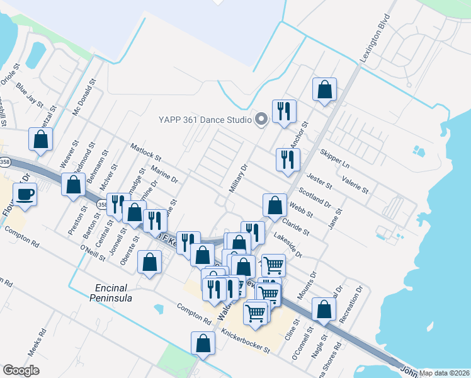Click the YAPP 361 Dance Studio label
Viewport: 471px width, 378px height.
(205, 119)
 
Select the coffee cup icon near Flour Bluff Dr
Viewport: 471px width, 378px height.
(25, 194)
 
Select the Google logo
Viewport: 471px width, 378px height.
(21, 370)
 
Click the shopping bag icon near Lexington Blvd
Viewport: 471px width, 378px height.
(324, 90)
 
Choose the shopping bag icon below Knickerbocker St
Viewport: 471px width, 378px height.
(203, 344)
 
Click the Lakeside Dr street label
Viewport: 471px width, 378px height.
(288, 247)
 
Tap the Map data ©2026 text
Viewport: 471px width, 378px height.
(445, 372)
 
